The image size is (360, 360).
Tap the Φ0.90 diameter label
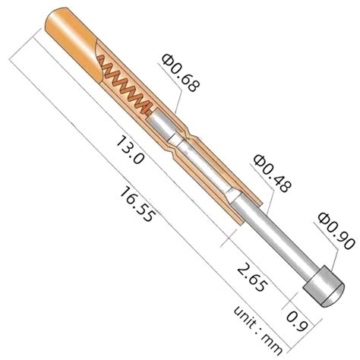pos(334,226)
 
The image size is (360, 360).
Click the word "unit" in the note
pos(252,317)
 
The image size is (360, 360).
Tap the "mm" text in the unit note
pos(276,343)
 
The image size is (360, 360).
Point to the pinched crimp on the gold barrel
pos(178,142)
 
